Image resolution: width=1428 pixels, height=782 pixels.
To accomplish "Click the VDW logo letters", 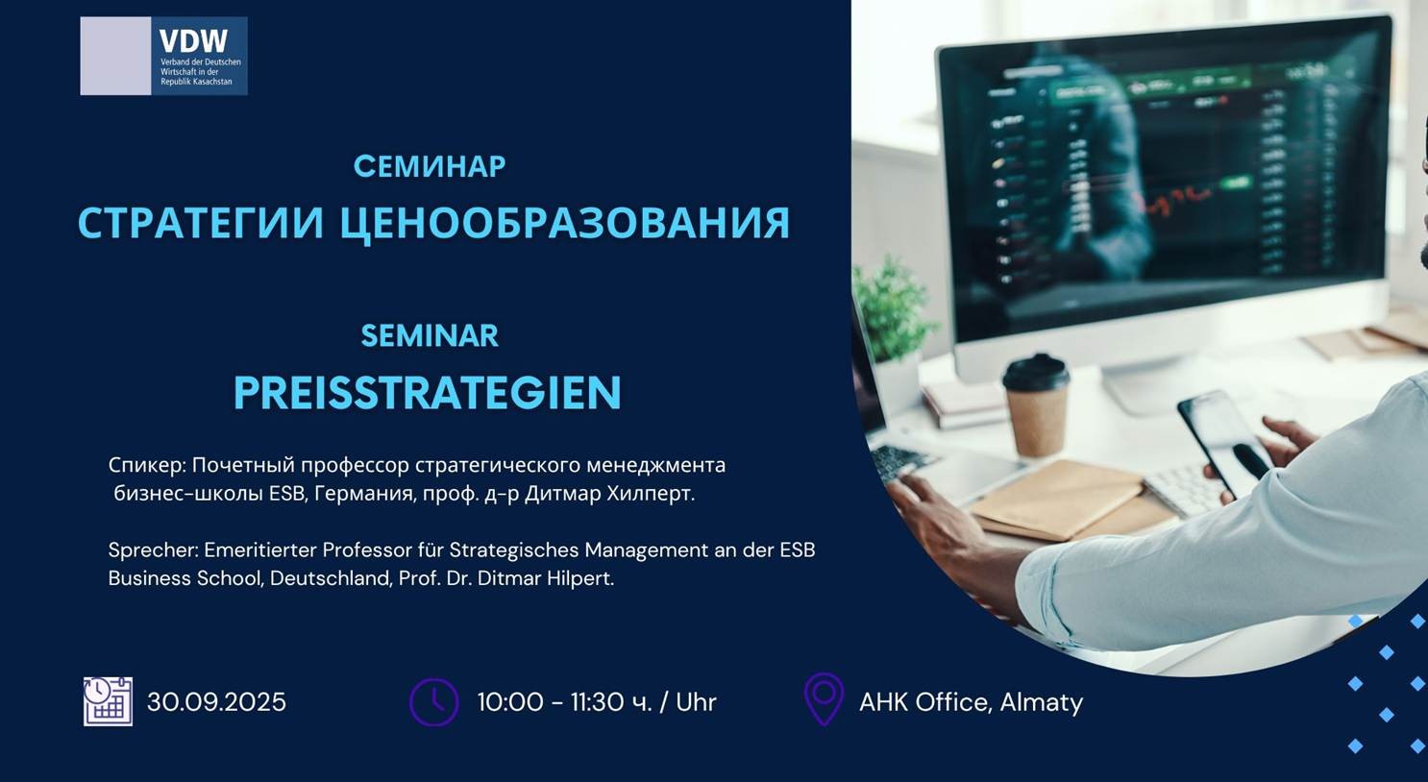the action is [x=193, y=41].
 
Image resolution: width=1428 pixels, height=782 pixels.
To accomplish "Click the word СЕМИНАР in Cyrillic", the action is [x=430, y=166].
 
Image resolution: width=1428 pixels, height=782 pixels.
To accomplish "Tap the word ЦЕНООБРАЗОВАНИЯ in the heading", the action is [x=565, y=223].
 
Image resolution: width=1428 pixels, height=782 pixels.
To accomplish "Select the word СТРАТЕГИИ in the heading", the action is [x=201, y=223].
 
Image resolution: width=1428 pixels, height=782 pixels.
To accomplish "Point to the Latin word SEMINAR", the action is [x=430, y=336].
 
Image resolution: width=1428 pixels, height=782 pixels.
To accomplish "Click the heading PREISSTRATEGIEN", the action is [x=427, y=393].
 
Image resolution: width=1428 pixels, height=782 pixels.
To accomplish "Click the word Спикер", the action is [x=147, y=466].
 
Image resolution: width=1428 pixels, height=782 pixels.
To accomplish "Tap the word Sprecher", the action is [x=155, y=550].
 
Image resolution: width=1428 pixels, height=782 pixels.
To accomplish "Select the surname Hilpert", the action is [x=580, y=578].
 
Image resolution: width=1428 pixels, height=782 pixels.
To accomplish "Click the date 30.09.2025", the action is [x=217, y=702].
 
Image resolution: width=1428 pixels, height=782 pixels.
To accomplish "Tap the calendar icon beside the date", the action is [x=108, y=701].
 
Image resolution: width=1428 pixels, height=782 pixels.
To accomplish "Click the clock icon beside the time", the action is [x=434, y=702].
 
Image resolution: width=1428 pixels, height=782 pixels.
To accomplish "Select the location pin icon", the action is [x=824, y=699].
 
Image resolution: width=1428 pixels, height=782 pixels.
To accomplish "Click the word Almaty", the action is [x=1042, y=703].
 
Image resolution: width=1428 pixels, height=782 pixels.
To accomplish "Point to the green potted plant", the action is [x=893, y=313].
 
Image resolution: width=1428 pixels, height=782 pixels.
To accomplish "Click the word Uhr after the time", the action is [x=696, y=702].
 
